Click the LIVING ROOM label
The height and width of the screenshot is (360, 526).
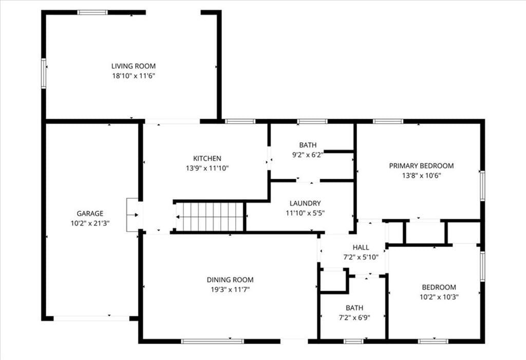point(134,66)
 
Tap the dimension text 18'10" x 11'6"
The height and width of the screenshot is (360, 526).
point(134,76)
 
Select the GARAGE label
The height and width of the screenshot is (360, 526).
point(90,214)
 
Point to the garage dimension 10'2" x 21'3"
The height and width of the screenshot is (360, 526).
point(90,223)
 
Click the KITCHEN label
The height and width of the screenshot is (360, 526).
point(207,158)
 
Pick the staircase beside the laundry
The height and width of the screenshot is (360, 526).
point(210,217)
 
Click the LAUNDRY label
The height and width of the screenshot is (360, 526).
point(305,203)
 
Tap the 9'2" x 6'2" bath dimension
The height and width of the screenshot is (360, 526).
point(308,155)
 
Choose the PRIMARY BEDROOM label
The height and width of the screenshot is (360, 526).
point(421,166)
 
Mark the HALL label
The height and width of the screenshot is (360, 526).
point(361,248)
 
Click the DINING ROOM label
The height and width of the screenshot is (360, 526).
point(230,280)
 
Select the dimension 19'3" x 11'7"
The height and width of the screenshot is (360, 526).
point(230,290)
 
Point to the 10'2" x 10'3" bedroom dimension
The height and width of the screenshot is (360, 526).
point(439,297)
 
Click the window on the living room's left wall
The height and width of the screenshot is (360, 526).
point(44,73)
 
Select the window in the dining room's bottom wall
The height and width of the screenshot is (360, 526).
point(212,341)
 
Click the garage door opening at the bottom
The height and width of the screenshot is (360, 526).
point(91,318)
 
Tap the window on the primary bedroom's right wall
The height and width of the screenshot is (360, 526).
point(482,186)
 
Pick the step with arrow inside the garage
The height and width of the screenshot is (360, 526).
point(133,215)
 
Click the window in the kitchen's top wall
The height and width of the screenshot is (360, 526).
point(240,121)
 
